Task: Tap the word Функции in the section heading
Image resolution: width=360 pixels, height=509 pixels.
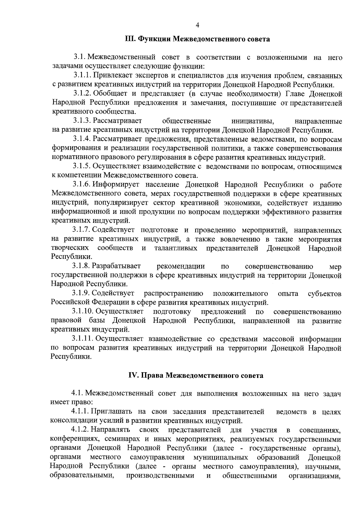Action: (153, 39)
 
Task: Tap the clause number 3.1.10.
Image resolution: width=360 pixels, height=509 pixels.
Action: (83, 312)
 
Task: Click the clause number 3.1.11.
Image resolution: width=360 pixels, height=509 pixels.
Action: (83, 339)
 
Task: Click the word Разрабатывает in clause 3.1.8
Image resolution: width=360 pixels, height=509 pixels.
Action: (116, 266)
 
